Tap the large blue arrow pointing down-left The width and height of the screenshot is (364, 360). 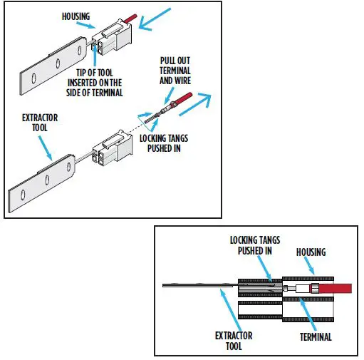pyautogui.click(x=156, y=20)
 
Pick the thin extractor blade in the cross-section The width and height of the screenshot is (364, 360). pyautogui.click(x=199, y=287)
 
